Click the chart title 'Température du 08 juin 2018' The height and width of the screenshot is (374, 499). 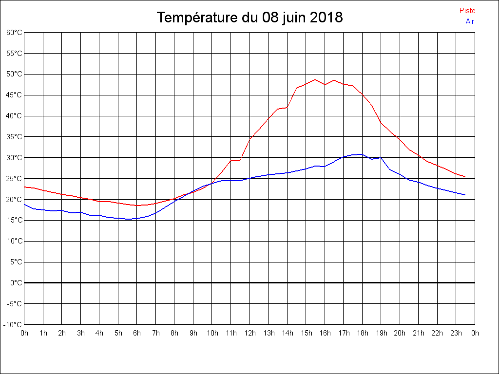[x=249, y=18]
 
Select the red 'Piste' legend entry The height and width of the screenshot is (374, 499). [x=467, y=11]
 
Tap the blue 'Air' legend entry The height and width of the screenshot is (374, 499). [x=470, y=21]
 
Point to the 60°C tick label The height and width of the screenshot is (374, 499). [x=14, y=33]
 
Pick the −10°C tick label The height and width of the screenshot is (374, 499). [x=13, y=324]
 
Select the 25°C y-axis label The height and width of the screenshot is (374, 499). [x=14, y=178]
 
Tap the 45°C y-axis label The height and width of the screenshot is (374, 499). [x=14, y=95]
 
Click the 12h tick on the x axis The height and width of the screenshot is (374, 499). [x=249, y=333]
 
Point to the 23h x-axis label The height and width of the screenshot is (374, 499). [x=456, y=333]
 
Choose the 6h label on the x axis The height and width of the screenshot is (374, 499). [x=137, y=333]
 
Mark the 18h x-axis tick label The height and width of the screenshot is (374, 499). [x=362, y=333]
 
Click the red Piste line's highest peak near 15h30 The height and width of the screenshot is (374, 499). [x=315, y=79]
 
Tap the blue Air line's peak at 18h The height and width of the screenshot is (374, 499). [x=361, y=154]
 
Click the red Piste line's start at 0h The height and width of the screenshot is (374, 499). [x=25, y=187]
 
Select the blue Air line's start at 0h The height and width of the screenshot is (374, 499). [x=25, y=205]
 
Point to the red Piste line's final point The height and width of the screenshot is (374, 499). [x=465, y=177]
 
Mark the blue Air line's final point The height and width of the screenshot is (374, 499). [x=465, y=195]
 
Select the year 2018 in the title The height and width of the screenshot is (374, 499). [x=326, y=18]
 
